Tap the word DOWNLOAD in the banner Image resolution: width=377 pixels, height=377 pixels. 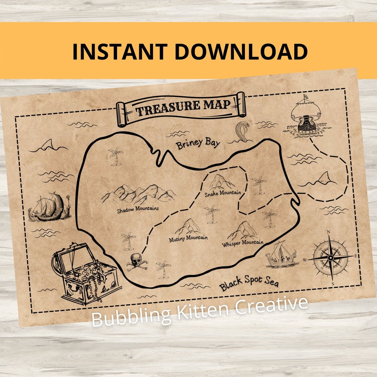tap(241, 51)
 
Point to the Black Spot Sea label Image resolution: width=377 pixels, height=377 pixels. tap(249, 283)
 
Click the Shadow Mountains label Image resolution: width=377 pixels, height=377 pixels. tap(138, 209)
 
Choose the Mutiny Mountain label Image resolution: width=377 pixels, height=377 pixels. tap(188, 238)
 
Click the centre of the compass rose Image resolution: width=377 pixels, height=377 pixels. tap(330, 258)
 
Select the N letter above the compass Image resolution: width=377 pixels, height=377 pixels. tap(328, 231)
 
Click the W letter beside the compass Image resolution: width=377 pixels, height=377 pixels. tap(304, 260)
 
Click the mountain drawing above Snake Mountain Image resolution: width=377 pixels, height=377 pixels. tap(221, 182)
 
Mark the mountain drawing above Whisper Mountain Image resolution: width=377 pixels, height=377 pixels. tap(243, 231)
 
